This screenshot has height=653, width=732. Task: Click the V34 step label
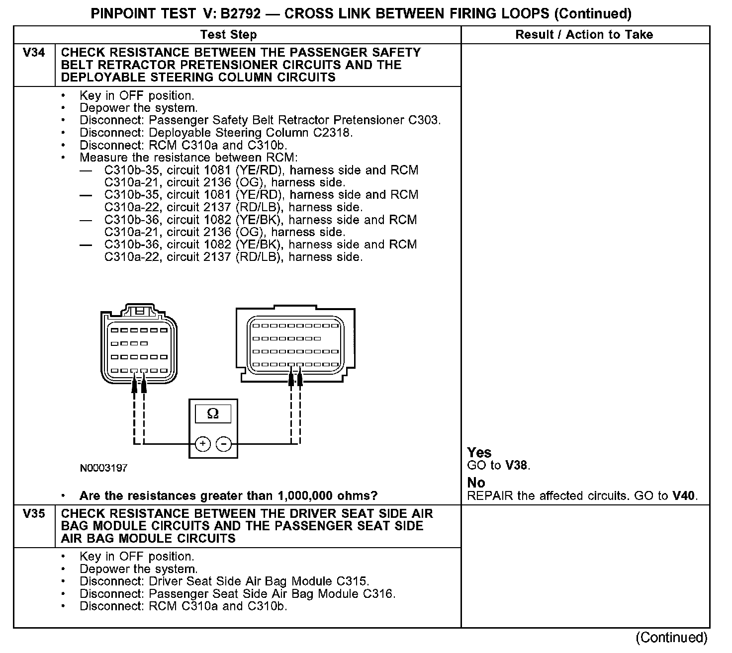pyautogui.click(x=34, y=53)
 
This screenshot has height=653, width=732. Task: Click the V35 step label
pyautogui.click(x=34, y=513)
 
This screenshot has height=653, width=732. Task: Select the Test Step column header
pyautogui.click(x=228, y=35)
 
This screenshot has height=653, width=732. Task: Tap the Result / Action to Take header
pyautogui.click(x=584, y=35)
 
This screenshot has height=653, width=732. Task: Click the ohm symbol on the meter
pyautogui.click(x=213, y=413)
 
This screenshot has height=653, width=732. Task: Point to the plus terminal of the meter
pyautogui.click(x=202, y=444)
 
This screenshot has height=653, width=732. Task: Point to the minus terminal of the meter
pyautogui.click(x=224, y=444)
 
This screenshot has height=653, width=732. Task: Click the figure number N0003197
pyautogui.click(x=103, y=468)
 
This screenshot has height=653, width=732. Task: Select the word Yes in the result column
pyautogui.click(x=479, y=453)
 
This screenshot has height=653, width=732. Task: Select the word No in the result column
pyautogui.click(x=476, y=483)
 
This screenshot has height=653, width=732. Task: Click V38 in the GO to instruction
pyautogui.click(x=517, y=466)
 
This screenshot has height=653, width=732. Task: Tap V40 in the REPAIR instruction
pyautogui.click(x=684, y=495)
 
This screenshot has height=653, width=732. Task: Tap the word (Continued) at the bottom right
pyautogui.click(x=671, y=638)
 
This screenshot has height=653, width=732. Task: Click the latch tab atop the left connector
pyautogui.click(x=140, y=311)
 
